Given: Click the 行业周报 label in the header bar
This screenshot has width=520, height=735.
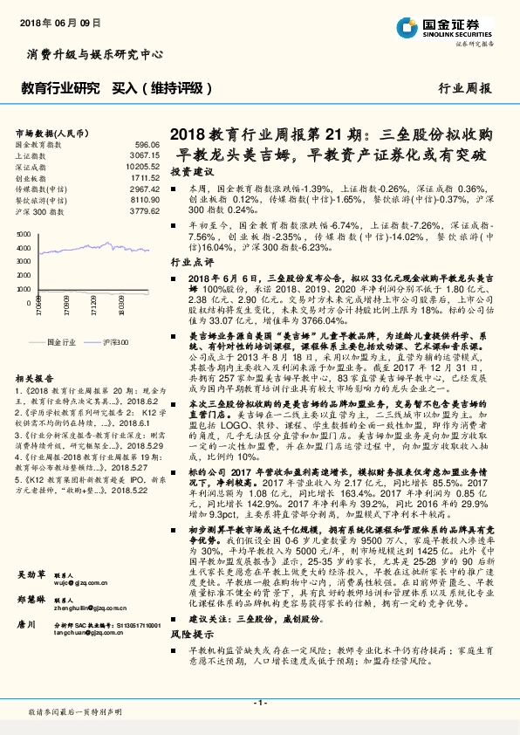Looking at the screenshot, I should [x=465, y=89].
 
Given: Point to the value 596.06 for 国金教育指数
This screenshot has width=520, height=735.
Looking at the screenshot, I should [x=147, y=143].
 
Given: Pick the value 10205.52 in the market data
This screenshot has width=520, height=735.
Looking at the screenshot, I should [x=143, y=166].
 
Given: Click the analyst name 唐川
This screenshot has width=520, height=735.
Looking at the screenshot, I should [x=25, y=624].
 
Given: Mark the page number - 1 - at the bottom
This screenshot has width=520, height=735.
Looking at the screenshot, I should [x=259, y=702].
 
